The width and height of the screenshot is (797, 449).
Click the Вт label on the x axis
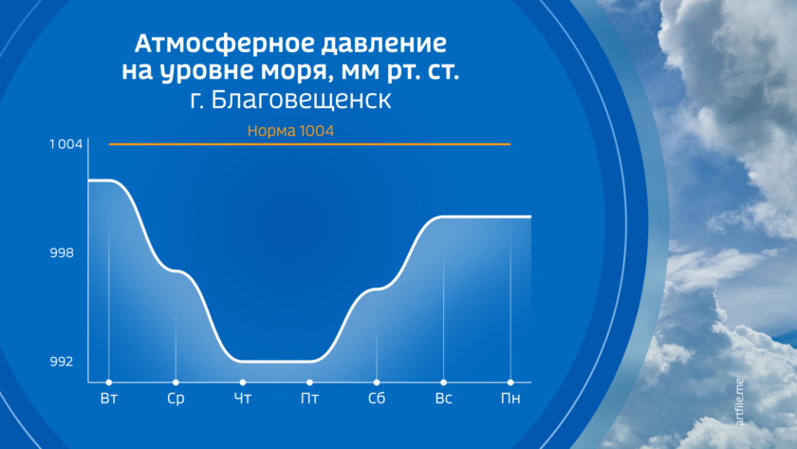[x=109, y=398]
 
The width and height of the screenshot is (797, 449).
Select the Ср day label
[x=176, y=399]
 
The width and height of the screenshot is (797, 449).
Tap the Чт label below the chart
[x=243, y=398]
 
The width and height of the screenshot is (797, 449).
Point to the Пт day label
[x=309, y=398]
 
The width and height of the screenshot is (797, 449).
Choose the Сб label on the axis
[x=377, y=398]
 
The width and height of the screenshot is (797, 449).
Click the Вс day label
[x=444, y=398]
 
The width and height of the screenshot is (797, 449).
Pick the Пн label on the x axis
[x=510, y=398]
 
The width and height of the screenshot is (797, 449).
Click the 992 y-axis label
[x=62, y=362]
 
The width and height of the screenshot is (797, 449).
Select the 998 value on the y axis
[x=62, y=253]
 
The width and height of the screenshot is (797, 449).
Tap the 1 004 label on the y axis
[x=65, y=144]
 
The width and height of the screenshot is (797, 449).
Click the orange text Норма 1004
[x=290, y=131]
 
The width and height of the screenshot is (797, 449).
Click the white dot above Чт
[x=243, y=383]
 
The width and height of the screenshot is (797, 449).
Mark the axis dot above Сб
[x=377, y=383]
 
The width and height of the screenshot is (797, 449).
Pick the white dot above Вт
[x=109, y=383]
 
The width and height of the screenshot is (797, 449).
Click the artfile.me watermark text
[x=739, y=402]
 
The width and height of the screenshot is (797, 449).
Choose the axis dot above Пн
[x=510, y=383]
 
